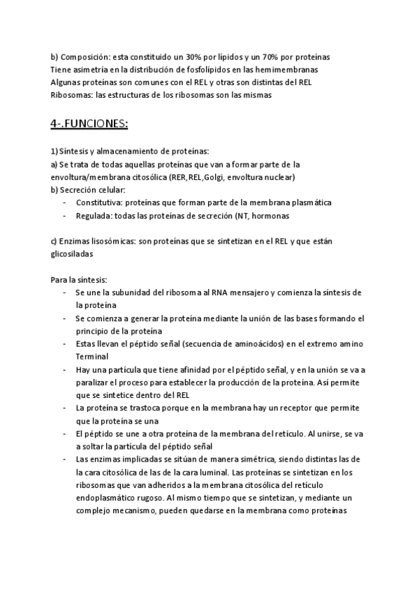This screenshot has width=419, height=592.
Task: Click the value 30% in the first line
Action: point(195,57)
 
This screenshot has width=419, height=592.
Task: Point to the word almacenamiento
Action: point(131,151)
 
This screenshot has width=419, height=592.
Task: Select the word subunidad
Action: point(140,293)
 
